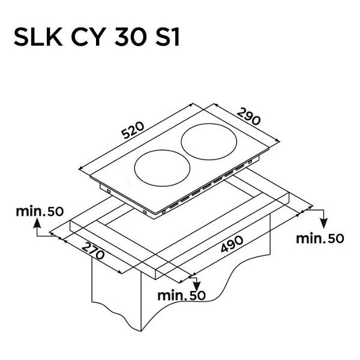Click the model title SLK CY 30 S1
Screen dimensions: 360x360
pyautogui.click(x=97, y=37)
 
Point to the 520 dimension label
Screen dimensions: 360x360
pyautogui.click(x=133, y=130)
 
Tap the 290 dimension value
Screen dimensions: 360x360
pyautogui.click(x=249, y=116)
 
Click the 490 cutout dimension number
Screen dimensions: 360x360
pyautogui.click(x=232, y=244)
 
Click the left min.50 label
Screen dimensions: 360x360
pyautogui.click(x=40, y=211)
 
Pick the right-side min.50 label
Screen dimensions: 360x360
pyautogui.click(x=320, y=238)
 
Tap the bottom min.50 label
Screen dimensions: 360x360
pyautogui.click(x=181, y=295)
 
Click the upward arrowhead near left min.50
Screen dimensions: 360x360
pyautogui.click(x=37, y=223)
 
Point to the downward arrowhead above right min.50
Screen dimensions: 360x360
pyautogui.click(x=324, y=223)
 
